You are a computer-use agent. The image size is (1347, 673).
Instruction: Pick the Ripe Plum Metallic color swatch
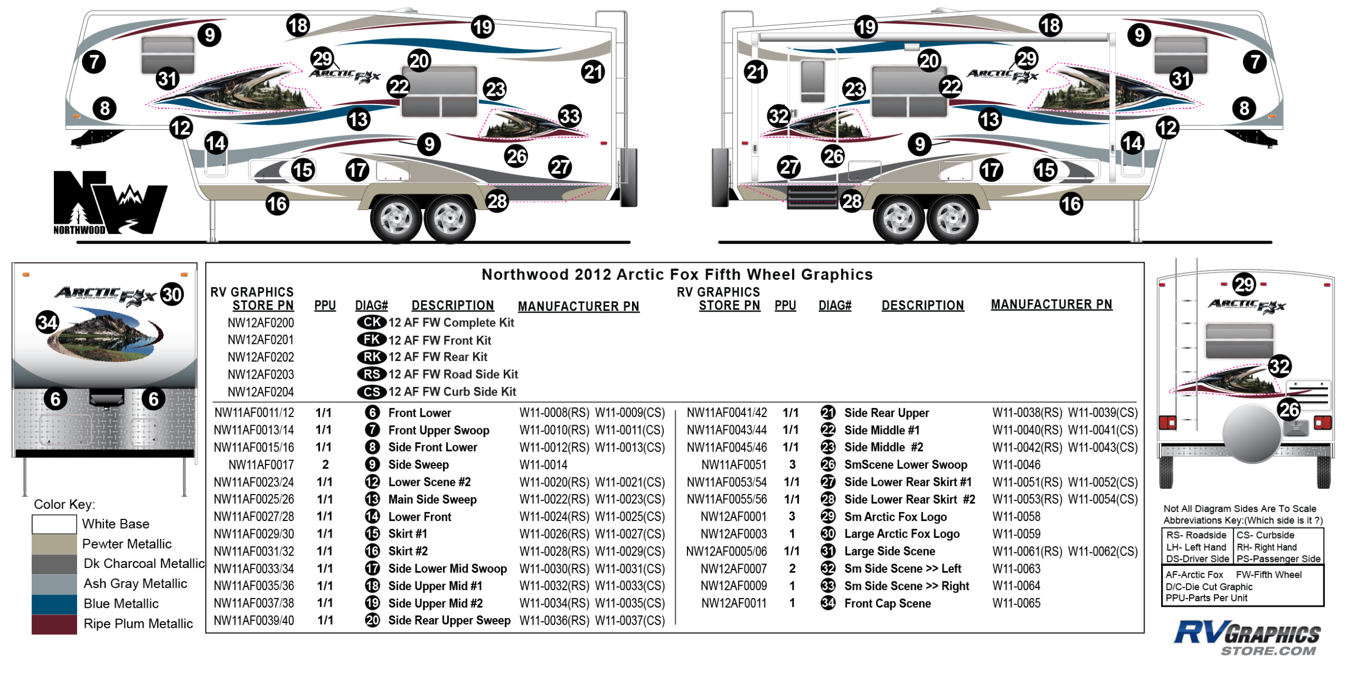[x=54, y=625]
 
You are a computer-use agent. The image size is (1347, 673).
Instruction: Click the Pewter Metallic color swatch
[x=54, y=544]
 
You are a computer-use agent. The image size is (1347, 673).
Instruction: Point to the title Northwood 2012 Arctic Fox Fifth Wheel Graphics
[x=677, y=275]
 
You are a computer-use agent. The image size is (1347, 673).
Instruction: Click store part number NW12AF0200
[x=261, y=323]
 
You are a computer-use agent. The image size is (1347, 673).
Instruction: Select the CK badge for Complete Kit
[x=372, y=323]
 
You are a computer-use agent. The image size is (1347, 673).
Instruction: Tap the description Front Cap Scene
[x=887, y=603]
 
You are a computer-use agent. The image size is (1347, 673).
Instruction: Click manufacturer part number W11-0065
[x=1016, y=603]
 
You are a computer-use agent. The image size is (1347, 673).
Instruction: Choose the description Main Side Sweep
[x=432, y=499]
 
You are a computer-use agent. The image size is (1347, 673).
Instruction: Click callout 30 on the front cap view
[x=172, y=295]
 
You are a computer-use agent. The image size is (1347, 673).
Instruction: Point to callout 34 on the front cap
[x=47, y=322]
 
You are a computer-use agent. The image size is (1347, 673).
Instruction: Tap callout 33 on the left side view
[x=570, y=116]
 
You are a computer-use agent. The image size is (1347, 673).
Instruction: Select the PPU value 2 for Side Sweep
[x=325, y=464]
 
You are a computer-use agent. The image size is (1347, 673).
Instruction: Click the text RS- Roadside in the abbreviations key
[x=1196, y=535]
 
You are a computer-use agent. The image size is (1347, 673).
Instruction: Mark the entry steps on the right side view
[x=811, y=197]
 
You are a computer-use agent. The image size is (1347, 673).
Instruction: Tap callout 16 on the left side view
[x=277, y=204]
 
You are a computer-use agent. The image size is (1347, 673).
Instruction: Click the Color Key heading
[x=64, y=504]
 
